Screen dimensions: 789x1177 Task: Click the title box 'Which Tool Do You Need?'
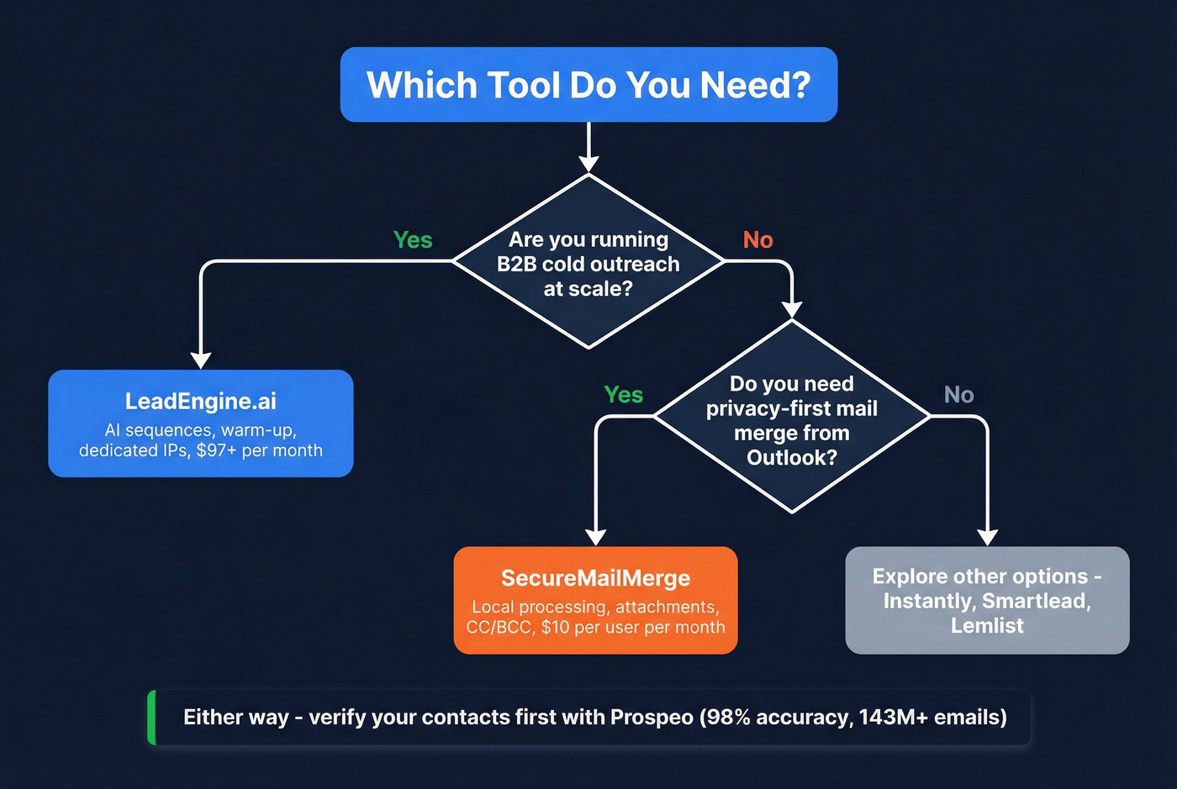click(588, 85)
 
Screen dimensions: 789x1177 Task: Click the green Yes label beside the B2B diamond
click(413, 240)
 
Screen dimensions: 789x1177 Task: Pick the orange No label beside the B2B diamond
click(757, 240)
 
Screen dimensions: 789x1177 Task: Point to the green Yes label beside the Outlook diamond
click(623, 395)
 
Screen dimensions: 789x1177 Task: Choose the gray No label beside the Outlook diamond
click(958, 395)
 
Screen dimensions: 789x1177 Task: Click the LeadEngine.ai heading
click(200, 402)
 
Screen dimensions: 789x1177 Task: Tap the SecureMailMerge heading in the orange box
click(595, 578)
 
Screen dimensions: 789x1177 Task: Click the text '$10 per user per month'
click(633, 628)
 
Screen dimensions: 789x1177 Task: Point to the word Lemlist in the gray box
click(987, 626)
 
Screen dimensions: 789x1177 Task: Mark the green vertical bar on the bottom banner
click(152, 718)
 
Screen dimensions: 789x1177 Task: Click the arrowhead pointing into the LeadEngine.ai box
click(200, 360)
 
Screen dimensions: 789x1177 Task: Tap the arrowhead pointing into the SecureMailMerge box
click(595, 537)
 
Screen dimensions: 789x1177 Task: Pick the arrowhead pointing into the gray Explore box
click(988, 537)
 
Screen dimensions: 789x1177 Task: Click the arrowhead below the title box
click(588, 163)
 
